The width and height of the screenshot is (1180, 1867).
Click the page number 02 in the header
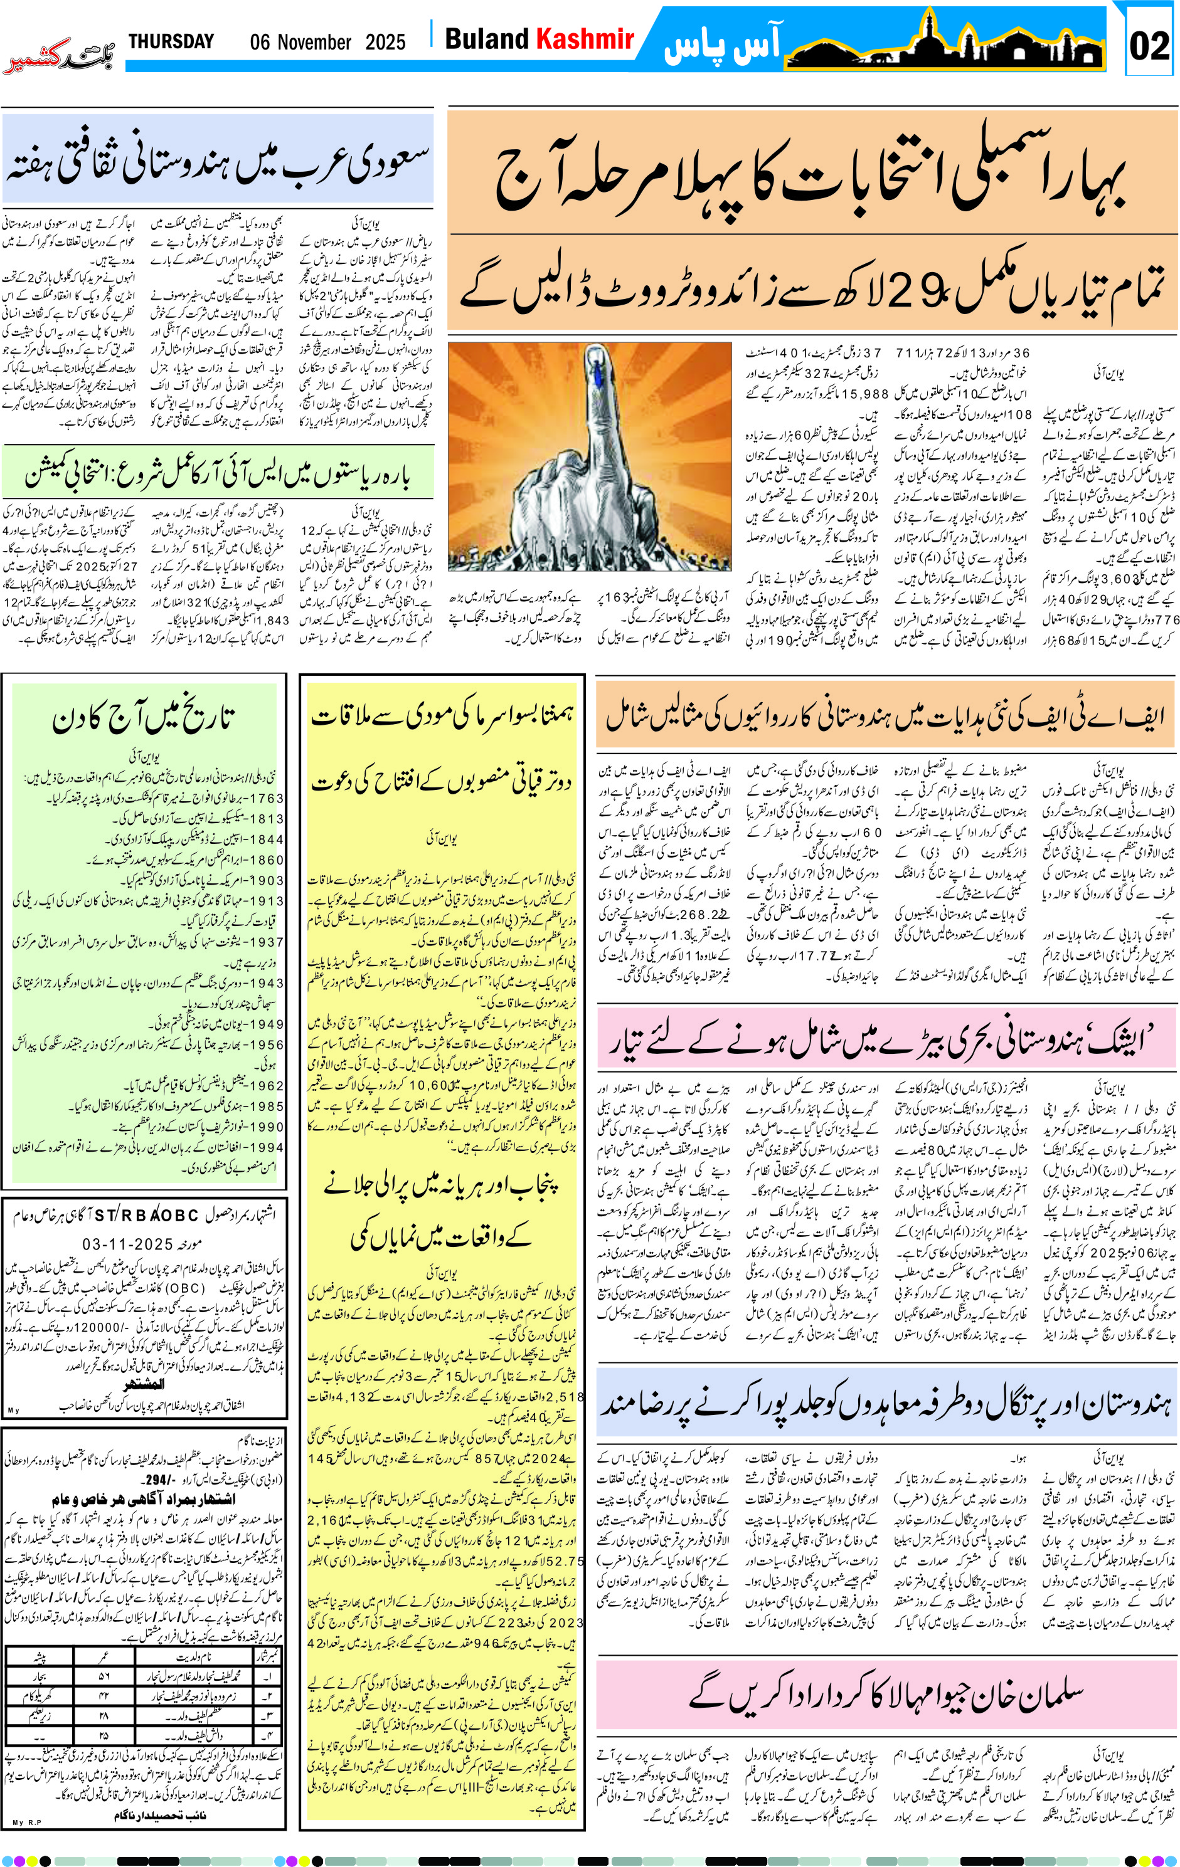pyautogui.click(x=1149, y=46)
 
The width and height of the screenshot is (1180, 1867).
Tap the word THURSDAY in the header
pyautogui.click(x=171, y=41)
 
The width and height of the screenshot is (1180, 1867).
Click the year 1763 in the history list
pyautogui.click(x=267, y=798)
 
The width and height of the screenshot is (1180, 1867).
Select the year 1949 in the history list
pyautogui.click(x=267, y=1024)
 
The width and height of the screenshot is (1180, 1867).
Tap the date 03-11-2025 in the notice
pyautogui.click(x=128, y=1244)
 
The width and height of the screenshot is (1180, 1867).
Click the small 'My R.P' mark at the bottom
pyautogui.click(x=26, y=1822)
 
